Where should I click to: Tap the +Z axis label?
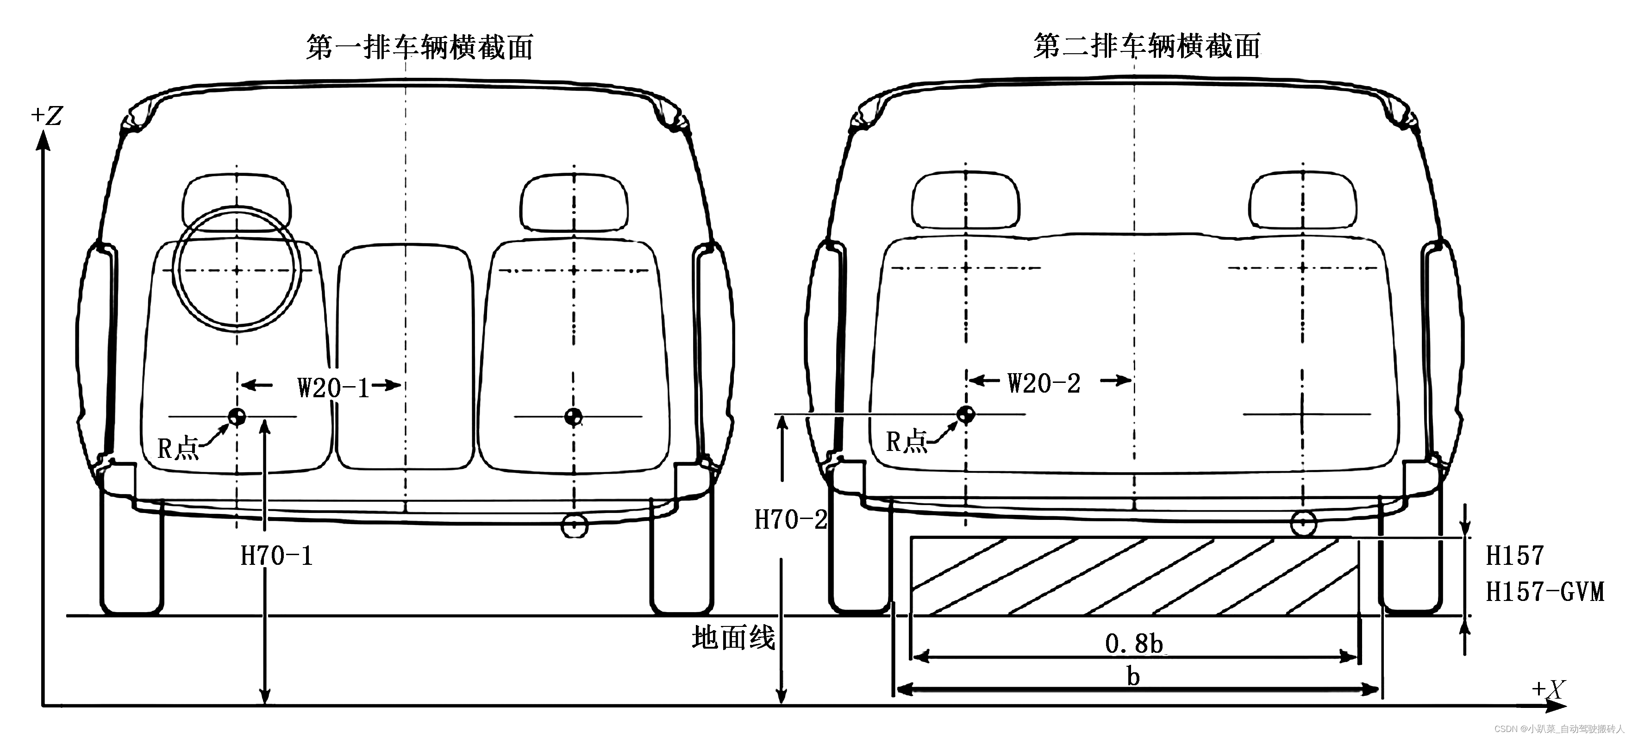pos(47,116)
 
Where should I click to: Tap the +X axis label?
pos(1548,689)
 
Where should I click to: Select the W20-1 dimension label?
pos(333,387)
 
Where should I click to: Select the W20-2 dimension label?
pos(1044,383)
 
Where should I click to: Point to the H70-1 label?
pos(277,556)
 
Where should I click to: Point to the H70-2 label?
pos(790,519)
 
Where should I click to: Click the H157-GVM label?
pos(1544,592)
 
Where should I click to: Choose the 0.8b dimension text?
pos(1134,644)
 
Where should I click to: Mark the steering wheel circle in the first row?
pos(237,269)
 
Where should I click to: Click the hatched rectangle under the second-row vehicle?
pos(1134,576)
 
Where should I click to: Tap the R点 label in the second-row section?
pos(906,442)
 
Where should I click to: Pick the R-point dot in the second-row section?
pos(966,414)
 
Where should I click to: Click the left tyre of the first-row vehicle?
pos(132,557)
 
